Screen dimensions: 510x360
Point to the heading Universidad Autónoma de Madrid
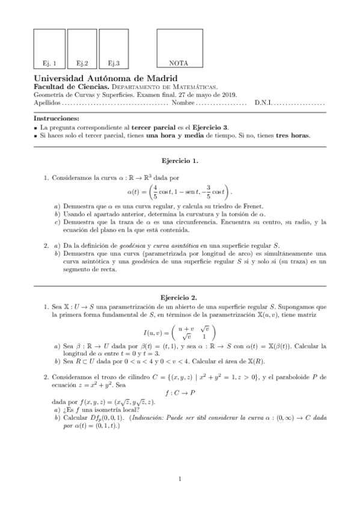point(105,78)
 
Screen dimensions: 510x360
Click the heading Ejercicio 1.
point(180,161)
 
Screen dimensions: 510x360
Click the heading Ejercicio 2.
point(180,297)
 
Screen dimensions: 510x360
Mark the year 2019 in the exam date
point(230,94)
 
